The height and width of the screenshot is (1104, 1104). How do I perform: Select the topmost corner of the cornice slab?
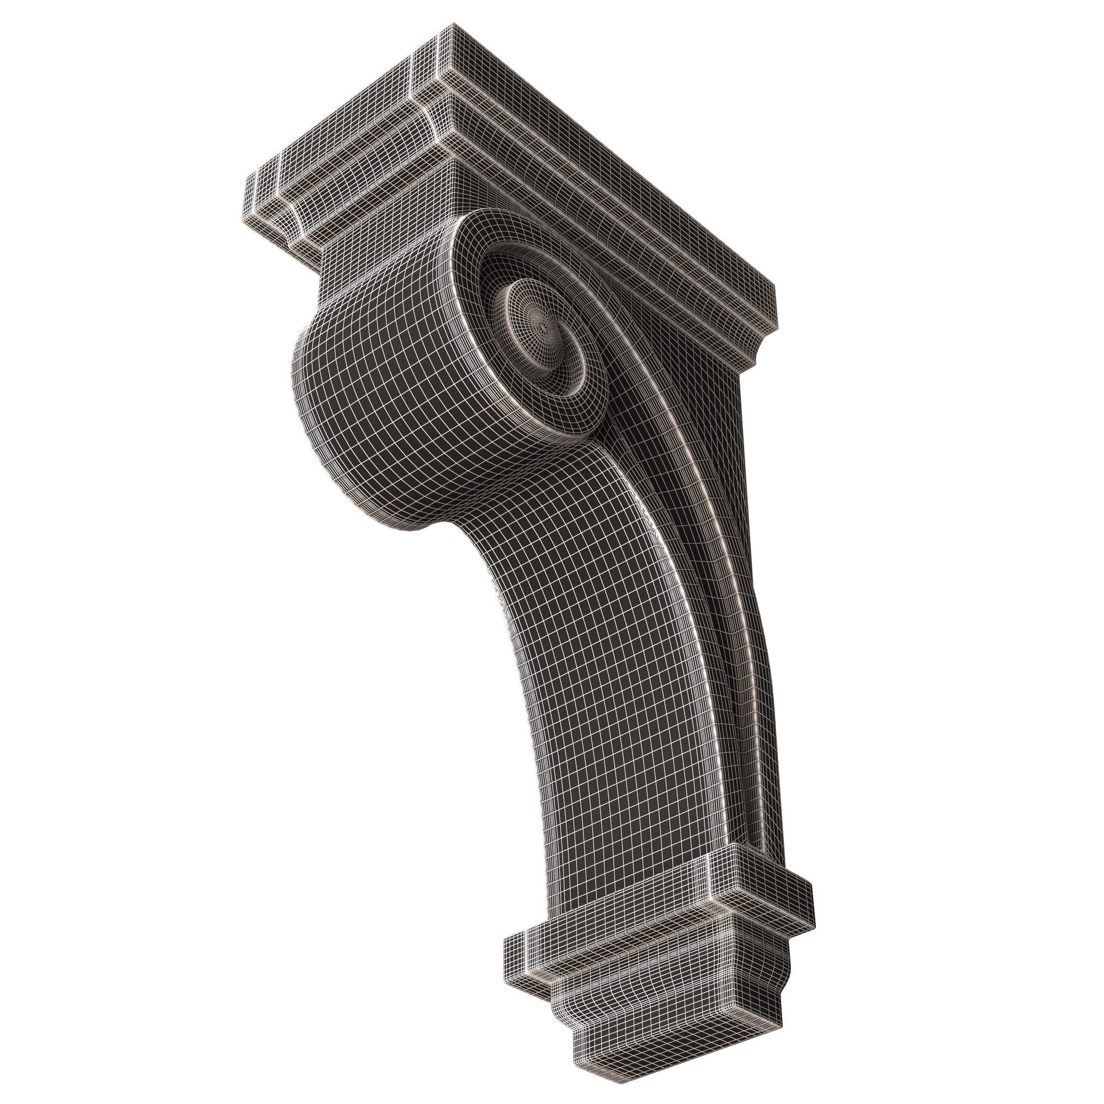(453, 24)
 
